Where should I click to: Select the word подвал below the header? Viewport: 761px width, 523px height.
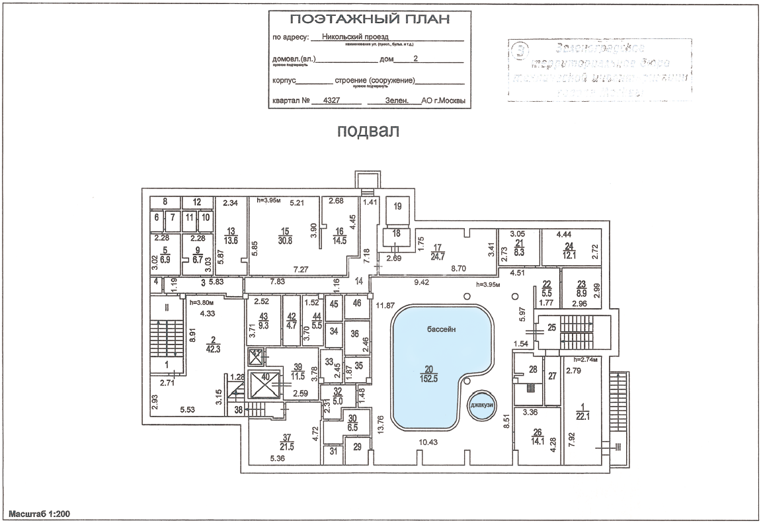[x=368, y=131]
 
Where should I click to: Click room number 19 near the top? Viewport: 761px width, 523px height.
[x=397, y=206]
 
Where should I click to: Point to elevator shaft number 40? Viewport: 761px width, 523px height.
[x=266, y=378]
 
